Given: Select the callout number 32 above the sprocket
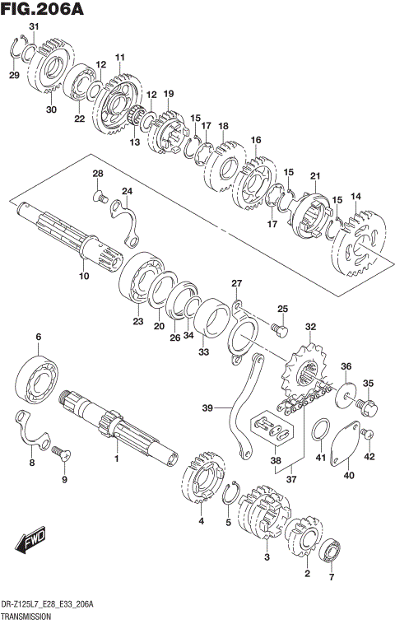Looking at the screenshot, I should point(309,327).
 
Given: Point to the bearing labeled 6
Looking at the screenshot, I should point(38,374).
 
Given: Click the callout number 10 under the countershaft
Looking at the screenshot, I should point(83,277).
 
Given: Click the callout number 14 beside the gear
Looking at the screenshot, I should point(355,196).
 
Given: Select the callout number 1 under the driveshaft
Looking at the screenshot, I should point(117,458).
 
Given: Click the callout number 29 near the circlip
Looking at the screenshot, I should point(14,76).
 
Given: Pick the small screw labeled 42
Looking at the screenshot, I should point(369,434).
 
